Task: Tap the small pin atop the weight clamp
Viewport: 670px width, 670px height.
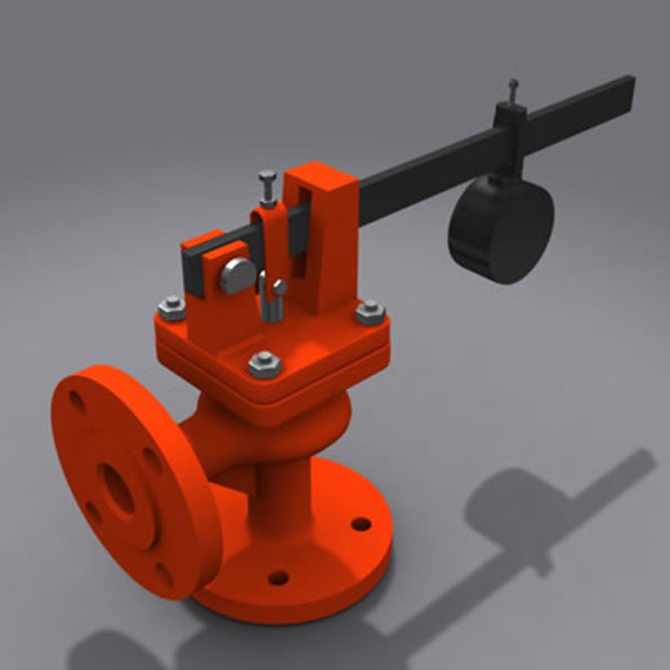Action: click(x=513, y=90)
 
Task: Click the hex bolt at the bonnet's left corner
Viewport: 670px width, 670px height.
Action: click(x=172, y=307)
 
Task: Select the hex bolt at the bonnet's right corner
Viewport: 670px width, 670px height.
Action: click(x=370, y=311)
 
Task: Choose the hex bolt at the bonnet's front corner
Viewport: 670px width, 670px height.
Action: click(x=265, y=364)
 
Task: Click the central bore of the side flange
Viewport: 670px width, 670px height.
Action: click(x=116, y=488)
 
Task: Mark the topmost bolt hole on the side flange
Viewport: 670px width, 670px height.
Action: click(x=77, y=401)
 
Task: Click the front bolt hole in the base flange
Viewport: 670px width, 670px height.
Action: click(x=278, y=578)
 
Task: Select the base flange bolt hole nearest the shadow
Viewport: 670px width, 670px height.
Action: click(x=361, y=524)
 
